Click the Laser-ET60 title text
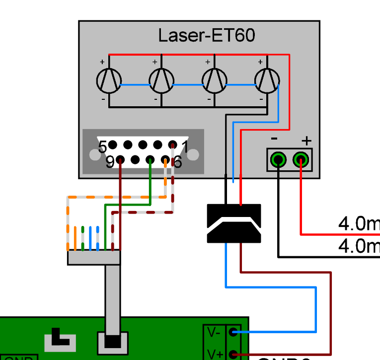tap(207, 36)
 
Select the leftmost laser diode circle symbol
tap(109, 80)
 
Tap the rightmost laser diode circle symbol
tap(267, 80)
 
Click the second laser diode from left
tap(162, 80)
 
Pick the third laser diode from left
tap(215, 80)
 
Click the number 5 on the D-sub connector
tap(102, 147)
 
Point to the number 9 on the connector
tap(110, 162)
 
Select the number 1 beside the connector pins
tap(184, 147)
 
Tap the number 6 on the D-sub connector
tap(177, 162)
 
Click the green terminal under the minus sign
tap(279, 160)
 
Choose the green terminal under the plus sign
tap(301, 160)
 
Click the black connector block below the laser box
tap(234, 223)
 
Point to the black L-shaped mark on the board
tap(60, 339)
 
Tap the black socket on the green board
tap(112, 342)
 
